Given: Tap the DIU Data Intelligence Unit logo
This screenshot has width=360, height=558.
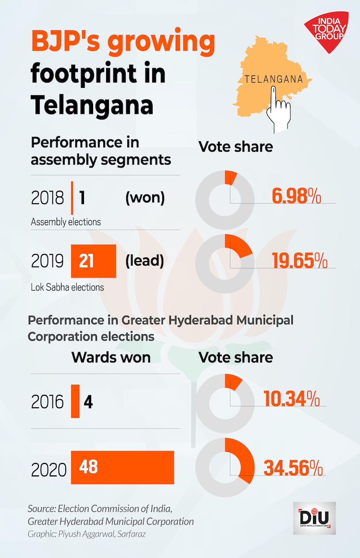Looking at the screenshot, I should pos(314,518).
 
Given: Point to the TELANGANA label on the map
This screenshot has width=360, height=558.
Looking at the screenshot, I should pos(274,79).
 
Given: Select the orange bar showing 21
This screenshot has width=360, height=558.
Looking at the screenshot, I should pos(94,261).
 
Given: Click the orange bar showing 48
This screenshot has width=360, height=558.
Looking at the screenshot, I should pos(122,467).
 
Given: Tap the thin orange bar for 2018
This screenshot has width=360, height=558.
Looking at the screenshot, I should pos(72,198).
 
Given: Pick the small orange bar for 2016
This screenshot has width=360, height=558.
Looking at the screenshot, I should pos(75,401).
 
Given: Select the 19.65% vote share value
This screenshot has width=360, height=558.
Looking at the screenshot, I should pos(300,262).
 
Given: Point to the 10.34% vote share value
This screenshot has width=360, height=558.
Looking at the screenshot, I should pos(291,399).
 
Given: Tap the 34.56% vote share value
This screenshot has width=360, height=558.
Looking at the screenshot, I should pos(292,468).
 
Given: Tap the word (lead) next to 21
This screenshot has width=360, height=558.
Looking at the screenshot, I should pos(144,261).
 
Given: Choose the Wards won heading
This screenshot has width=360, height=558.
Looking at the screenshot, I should pos(111,357).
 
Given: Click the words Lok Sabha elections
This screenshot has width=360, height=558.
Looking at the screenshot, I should pos(67,287).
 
